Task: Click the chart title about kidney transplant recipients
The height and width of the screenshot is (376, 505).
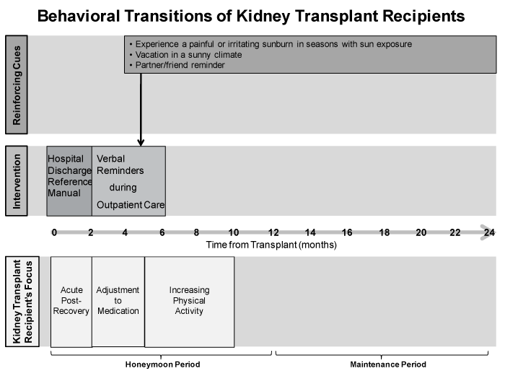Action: click(251, 16)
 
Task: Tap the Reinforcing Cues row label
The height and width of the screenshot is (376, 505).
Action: click(17, 84)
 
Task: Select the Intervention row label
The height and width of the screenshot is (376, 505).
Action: click(17, 180)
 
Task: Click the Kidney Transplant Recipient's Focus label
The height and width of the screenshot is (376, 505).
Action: click(22, 302)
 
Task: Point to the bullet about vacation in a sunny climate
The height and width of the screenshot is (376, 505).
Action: click(185, 55)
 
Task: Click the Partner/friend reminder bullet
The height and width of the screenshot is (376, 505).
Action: click(177, 65)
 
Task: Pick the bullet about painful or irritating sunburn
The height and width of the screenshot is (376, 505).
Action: click(271, 44)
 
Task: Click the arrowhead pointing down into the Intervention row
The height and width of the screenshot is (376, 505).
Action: click(141, 142)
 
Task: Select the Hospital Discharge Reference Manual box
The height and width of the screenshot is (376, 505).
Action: click(69, 181)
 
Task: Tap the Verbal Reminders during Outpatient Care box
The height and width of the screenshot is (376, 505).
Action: click(129, 181)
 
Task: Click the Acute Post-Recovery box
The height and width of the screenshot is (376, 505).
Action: click(71, 302)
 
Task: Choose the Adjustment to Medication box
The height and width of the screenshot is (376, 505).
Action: click(118, 302)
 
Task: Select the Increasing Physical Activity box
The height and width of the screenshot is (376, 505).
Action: click(189, 302)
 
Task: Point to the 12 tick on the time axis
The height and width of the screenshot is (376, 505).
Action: click(273, 232)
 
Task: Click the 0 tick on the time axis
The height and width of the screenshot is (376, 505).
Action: click(54, 232)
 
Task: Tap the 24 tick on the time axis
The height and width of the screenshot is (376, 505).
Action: click(489, 232)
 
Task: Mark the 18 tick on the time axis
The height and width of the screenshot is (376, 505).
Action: click(385, 232)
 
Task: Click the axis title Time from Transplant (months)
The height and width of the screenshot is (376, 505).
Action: click(271, 245)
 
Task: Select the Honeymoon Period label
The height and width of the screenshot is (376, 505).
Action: click(162, 364)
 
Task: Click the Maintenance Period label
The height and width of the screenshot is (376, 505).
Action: click(388, 364)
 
